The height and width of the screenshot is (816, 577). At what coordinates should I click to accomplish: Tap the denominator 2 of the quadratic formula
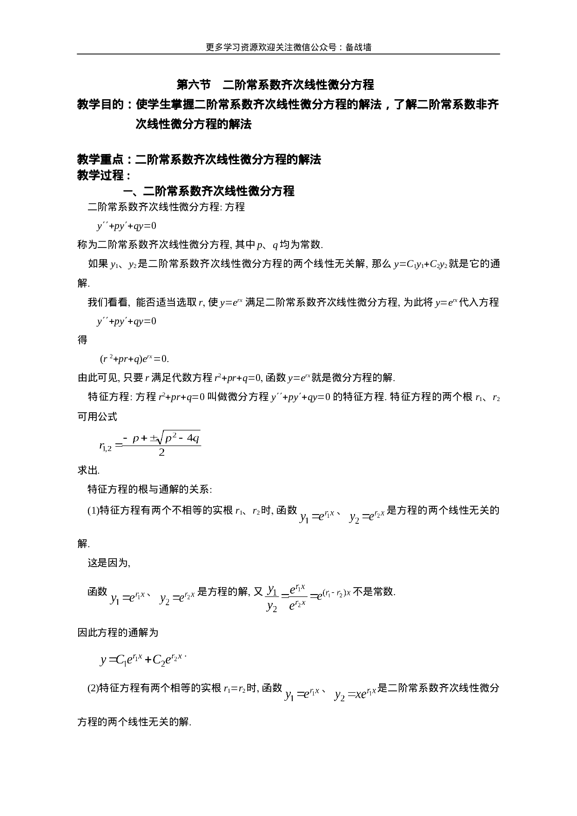click(161, 453)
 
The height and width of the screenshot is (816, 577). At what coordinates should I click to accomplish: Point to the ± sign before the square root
click(154, 438)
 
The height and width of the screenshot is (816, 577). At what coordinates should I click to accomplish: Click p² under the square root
click(170, 438)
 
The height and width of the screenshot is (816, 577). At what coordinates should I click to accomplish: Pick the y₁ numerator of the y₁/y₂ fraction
click(272, 590)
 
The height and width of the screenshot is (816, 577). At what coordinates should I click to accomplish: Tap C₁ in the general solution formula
click(121, 660)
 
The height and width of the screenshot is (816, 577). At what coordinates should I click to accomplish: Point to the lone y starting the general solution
click(102, 660)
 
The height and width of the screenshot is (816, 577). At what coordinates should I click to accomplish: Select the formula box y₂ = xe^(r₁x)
click(355, 694)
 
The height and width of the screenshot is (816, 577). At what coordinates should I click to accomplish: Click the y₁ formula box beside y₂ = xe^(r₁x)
click(302, 694)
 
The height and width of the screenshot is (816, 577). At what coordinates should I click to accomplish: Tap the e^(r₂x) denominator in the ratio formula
click(297, 605)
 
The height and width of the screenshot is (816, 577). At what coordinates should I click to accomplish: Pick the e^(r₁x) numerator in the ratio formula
click(297, 589)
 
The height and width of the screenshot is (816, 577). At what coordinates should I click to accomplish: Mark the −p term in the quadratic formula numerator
click(132, 438)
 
